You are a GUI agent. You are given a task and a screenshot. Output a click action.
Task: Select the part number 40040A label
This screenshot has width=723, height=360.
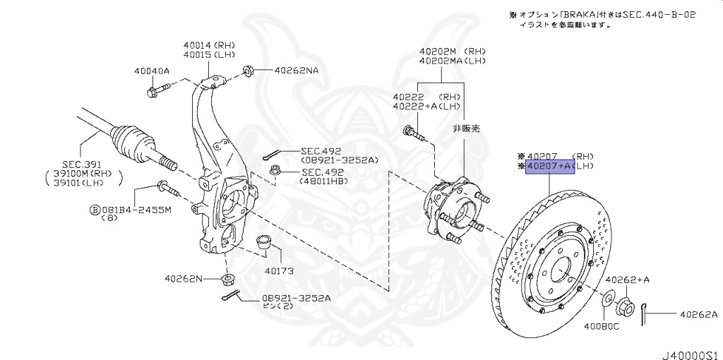pyautogui.click(x=151, y=71)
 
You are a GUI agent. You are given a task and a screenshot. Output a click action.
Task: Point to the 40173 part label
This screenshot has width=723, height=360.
pyautogui.click(x=279, y=270)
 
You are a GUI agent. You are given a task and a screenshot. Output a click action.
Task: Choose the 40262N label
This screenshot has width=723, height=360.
pyautogui.click(x=183, y=278)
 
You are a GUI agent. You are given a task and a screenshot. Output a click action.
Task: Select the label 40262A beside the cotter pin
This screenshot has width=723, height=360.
pyautogui.click(x=698, y=315)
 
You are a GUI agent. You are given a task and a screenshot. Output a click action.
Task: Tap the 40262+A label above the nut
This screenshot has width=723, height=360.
pyautogui.click(x=627, y=280)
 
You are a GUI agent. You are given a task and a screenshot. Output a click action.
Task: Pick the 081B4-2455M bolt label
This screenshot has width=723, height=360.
pyautogui.click(x=134, y=209)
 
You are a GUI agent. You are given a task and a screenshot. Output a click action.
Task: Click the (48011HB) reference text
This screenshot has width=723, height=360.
pyautogui.click(x=325, y=181)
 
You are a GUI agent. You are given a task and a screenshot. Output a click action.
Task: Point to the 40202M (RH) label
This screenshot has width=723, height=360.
pyautogui.click(x=452, y=52)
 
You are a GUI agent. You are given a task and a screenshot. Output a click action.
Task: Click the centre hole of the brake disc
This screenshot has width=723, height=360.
pyautogui.click(x=560, y=270)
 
